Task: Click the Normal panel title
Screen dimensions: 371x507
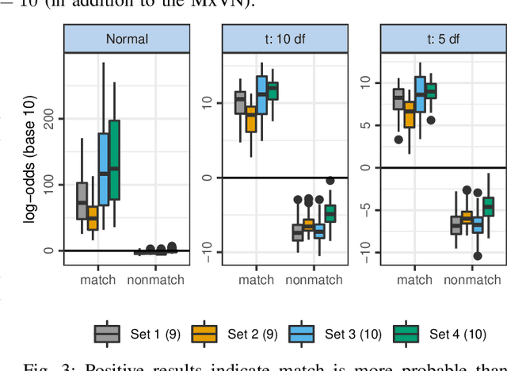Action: [128, 39]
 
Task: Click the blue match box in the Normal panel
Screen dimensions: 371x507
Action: [103, 170]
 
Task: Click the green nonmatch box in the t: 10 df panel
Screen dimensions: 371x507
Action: [330, 213]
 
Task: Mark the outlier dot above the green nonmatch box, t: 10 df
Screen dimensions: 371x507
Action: [330, 181]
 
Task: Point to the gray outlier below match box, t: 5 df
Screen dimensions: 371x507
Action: [399, 140]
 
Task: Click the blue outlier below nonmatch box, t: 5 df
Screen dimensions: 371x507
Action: [478, 256]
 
